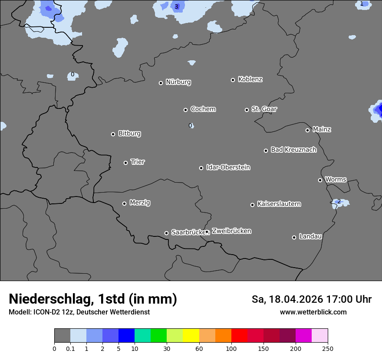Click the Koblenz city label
coord(250,79)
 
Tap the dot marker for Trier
coord(126,163)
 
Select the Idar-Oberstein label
coord(228,167)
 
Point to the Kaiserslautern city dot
coord(252,205)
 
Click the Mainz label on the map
coord(322,129)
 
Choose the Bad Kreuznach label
coord(293,150)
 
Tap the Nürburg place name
coord(178,82)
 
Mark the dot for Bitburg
coord(113,134)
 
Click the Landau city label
coord(310,236)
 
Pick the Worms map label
coord(336,179)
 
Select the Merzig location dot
coord(125,203)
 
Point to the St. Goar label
coord(264,109)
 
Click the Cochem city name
coord(203,109)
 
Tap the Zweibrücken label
coord(231,231)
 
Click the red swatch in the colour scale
coord(239,336)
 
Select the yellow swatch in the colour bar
coord(191,336)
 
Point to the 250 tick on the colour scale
coord(328,348)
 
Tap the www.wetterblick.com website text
coord(313,312)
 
